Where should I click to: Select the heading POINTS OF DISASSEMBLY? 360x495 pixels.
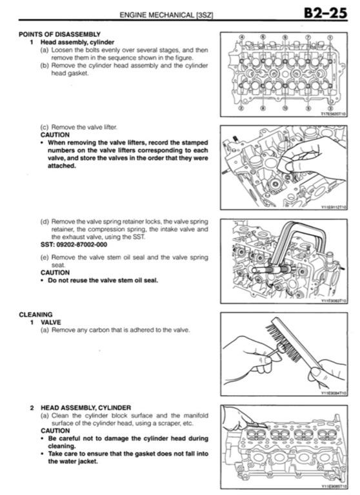pyautogui.click(x=59, y=34)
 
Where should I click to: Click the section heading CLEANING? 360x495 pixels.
pyautogui.click(x=35, y=315)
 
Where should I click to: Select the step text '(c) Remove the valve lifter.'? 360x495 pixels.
pyautogui.click(x=79, y=127)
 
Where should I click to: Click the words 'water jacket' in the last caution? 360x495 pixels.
pyautogui.click(x=72, y=461)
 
